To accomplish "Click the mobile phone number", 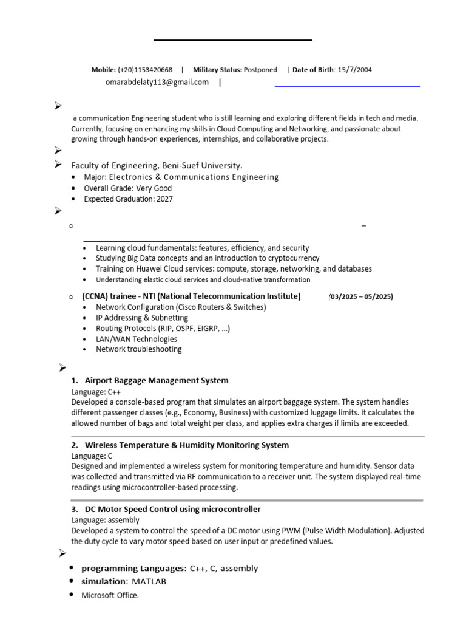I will pos(145,70).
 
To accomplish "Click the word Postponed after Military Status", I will pos(260,70).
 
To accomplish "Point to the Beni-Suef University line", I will pos(157,165).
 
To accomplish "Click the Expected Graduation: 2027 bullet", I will pos(128,199).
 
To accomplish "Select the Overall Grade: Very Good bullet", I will pos(127,188).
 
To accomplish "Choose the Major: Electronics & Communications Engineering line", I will pos(181,177).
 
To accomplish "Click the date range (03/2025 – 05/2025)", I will pos(360,296).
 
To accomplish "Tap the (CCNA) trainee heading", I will pos(191,296).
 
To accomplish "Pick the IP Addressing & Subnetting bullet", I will pos(142,318).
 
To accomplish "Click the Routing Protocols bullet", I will pos(163,328).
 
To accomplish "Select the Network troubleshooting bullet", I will pos(138,349).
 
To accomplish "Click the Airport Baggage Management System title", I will pos(157,380).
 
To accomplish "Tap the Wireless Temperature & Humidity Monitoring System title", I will pos(187,445).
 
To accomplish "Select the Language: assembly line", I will pos(105,520).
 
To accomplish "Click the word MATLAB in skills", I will pos(149,581).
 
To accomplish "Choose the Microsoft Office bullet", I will pos(110,595).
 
